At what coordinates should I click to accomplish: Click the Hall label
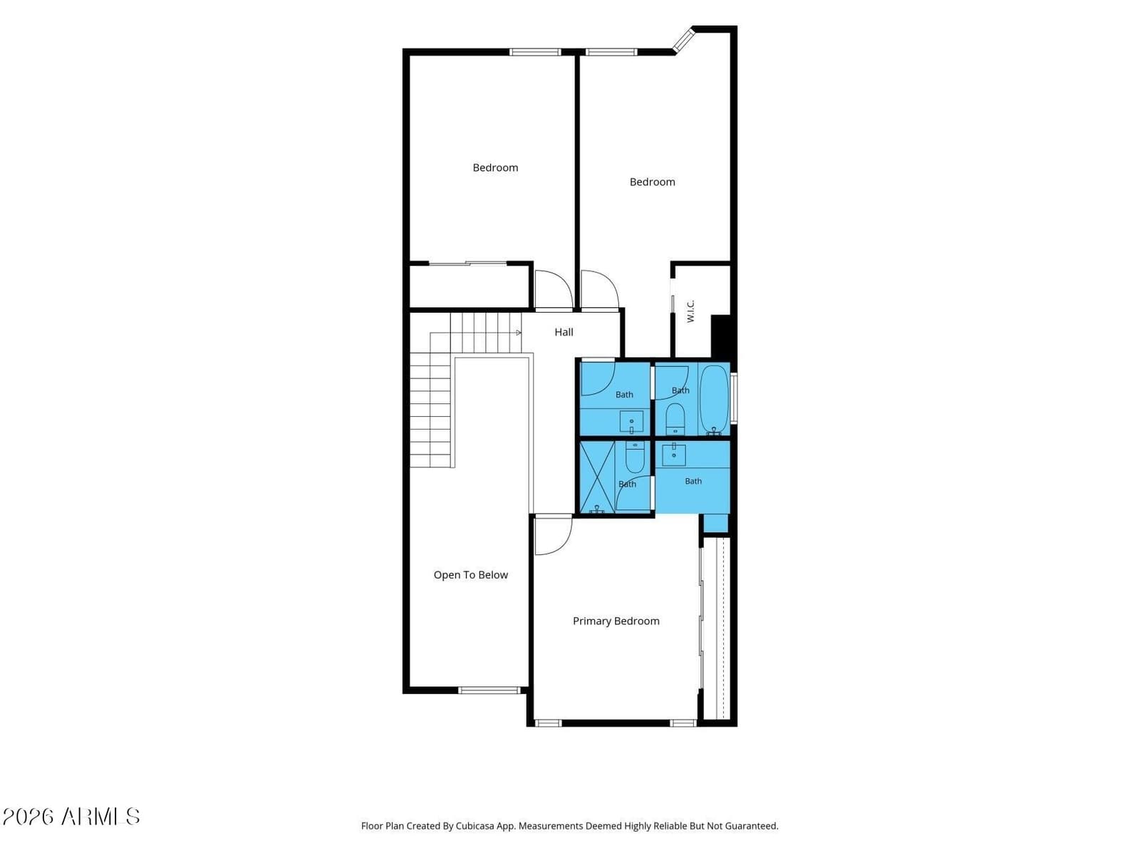(564, 332)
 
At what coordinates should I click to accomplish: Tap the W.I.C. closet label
(690, 311)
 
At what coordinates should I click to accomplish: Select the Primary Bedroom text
(616, 621)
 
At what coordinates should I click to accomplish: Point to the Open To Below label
(470, 575)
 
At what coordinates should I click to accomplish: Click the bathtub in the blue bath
(715, 400)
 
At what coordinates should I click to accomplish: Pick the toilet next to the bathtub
(675, 419)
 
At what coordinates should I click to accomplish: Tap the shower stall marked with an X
(597, 477)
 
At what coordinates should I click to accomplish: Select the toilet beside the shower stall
(635, 456)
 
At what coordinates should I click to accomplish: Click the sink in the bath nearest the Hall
(631, 422)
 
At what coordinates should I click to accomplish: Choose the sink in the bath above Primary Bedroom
(673, 455)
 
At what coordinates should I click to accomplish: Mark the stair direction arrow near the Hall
(518, 332)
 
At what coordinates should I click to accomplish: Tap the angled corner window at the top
(683, 40)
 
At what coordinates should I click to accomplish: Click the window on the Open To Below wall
(489, 690)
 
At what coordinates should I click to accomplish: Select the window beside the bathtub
(734, 398)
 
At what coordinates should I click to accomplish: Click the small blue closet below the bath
(715, 523)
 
